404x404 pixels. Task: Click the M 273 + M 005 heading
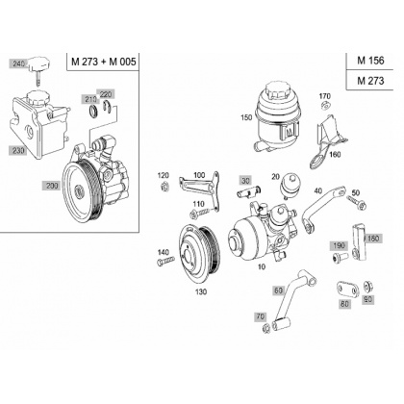click(x=104, y=62)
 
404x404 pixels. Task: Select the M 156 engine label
click(x=370, y=61)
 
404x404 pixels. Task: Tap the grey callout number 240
click(x=18, y=64)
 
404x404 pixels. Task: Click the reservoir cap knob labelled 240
click(x=39, y=66)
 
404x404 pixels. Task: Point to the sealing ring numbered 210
click(x=93, y=111)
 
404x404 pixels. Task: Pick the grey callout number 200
click(x=52, y=186)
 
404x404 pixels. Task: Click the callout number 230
click(x=17, y=150)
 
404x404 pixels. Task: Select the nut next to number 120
click(x=165, y=186)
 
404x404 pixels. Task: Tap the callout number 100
click(x=199, y=175)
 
